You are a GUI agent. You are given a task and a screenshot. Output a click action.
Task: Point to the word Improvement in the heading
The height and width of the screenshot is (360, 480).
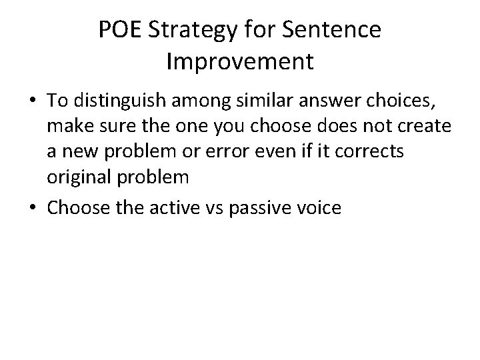point(239,62)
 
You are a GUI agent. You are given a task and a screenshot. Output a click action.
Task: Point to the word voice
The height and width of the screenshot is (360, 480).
point(319,208)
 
